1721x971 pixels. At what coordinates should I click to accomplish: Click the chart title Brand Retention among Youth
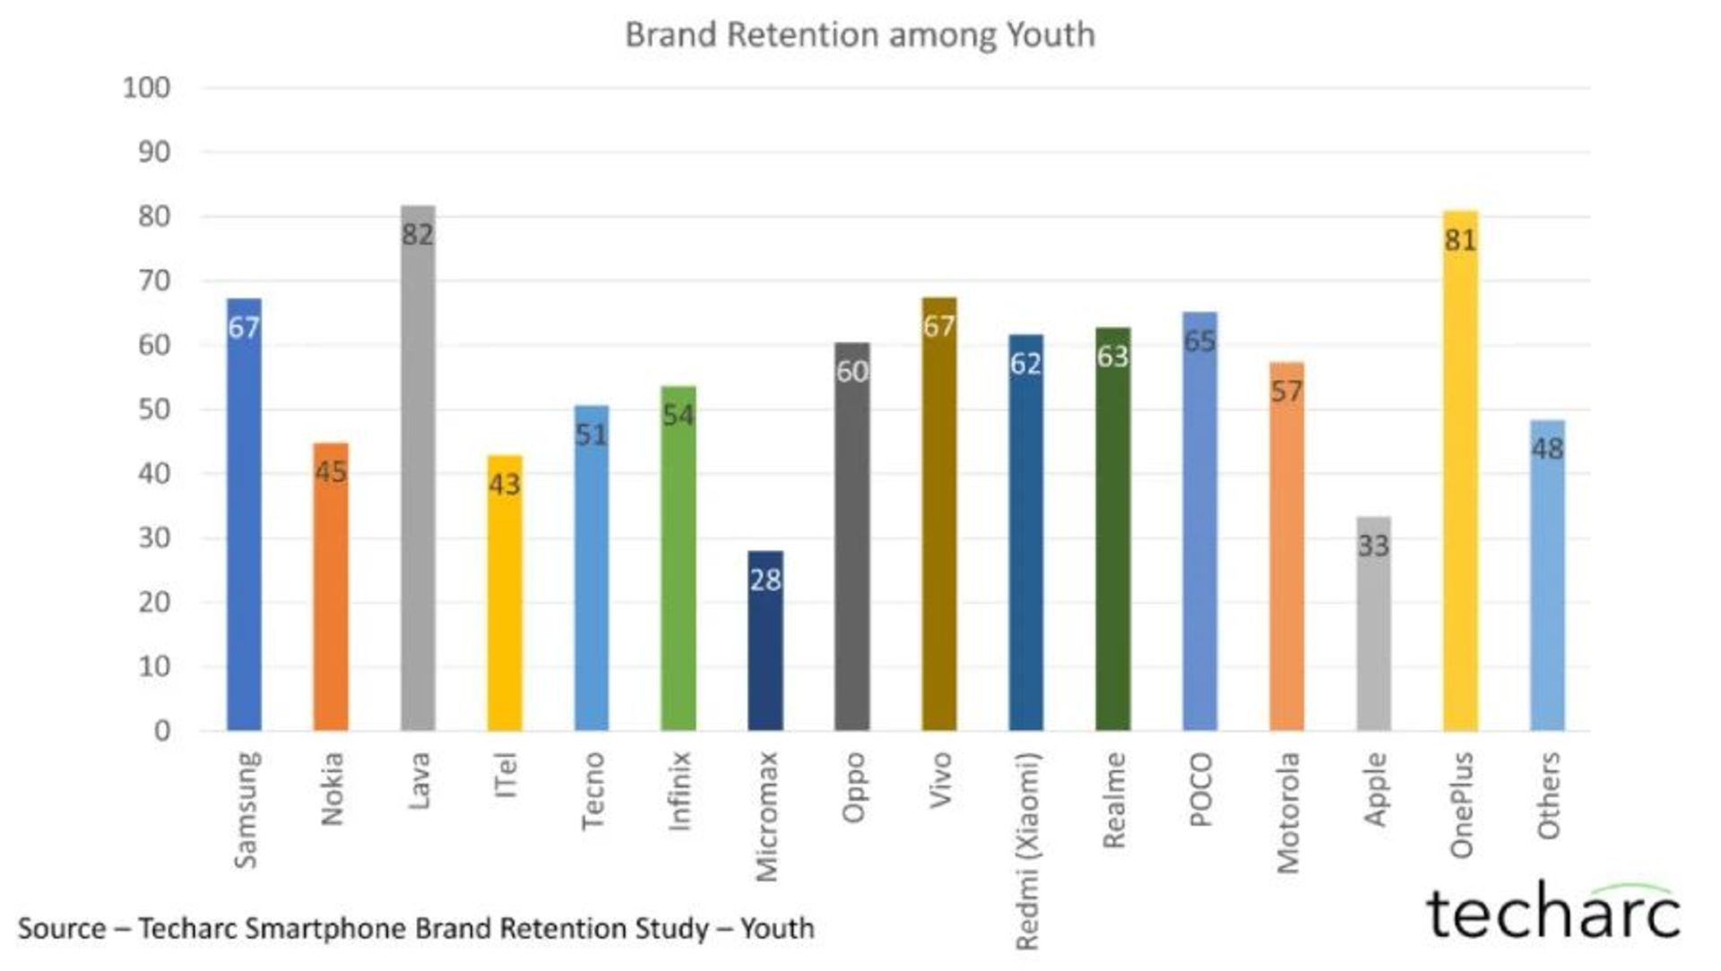(860, 35)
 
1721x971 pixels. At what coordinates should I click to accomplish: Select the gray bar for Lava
(418, 484)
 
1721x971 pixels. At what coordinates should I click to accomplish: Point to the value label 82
(418, 235)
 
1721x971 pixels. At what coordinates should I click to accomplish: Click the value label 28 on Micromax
(765, 580)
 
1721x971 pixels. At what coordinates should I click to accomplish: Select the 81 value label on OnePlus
(1460, 240)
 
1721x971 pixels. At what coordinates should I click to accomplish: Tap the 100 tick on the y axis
(146, 88)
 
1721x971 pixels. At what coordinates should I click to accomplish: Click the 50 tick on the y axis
(153, 409)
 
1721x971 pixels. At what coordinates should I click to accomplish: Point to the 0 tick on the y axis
(161, 731)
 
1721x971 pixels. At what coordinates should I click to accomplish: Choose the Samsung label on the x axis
(246, 809)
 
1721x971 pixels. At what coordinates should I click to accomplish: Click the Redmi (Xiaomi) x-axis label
(1027, 851)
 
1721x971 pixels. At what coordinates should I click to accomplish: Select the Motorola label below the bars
(1288, 812)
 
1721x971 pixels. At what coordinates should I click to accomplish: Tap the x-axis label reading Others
(1549, 795)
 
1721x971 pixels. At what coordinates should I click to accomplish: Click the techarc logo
(1552, 914)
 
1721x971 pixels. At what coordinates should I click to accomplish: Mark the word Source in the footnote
(61, 928)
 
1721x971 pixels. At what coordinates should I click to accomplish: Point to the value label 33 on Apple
(1373, 546)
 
